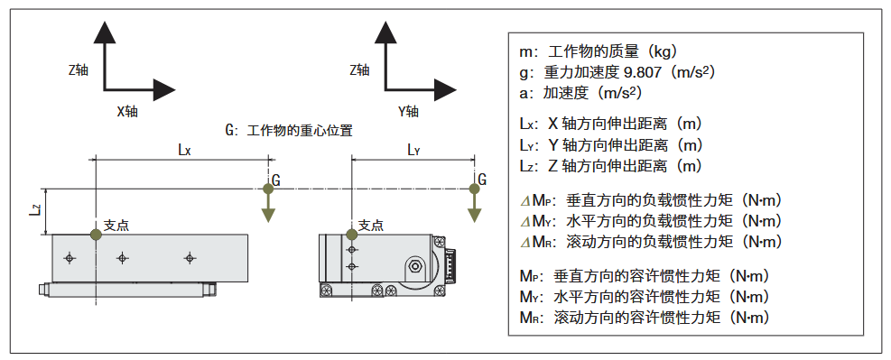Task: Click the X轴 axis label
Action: (x=127, y=112)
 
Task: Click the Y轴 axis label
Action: (x=408, y=112)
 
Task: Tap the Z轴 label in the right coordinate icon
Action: (x=359, y=69)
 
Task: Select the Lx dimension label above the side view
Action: (x=183, y=151)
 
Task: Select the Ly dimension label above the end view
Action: (x=413, y=151)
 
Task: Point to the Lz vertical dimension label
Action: (x=34, y=211)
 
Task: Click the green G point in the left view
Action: (x=267, y=189)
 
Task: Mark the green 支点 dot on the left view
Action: (x=96, y=235)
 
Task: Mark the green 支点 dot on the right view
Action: (x=351, y=235)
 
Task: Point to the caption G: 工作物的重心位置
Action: (x=288, y=130)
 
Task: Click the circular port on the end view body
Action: (x=414, y=266)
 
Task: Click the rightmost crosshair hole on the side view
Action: (x=190, y=258)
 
